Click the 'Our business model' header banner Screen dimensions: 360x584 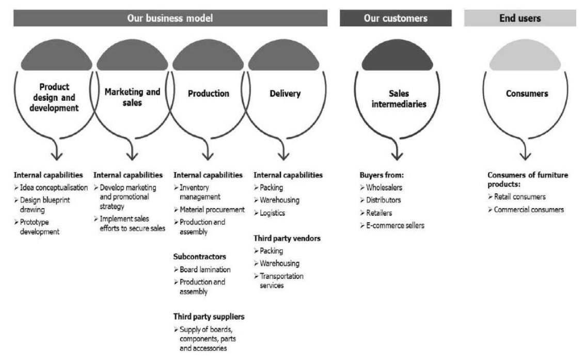tap(170, 18)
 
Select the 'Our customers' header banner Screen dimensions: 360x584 tap(396, 18)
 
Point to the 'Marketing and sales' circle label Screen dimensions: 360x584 tap(133, 97)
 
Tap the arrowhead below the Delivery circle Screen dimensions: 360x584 tap(283, 154)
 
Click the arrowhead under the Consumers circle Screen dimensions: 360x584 tap(525, 154)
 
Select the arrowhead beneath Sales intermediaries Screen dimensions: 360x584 tap(397, 154)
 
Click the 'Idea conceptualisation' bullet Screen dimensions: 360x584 tap(54, 187)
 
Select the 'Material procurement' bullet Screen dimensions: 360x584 tap(212, 210)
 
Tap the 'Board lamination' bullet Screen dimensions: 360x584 tap(205, 269)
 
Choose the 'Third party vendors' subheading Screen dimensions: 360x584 tap(287, 239)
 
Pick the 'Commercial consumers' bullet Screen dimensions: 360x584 tap(529, 210)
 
